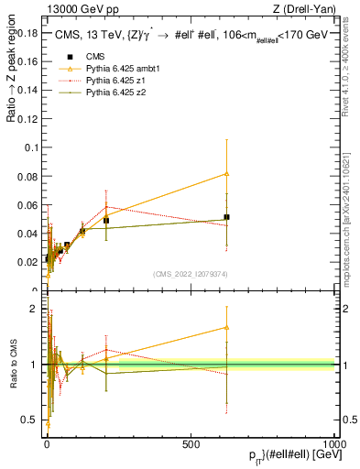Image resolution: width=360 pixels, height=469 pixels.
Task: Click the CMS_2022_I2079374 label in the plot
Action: pyautogui.click(x=190, y=274)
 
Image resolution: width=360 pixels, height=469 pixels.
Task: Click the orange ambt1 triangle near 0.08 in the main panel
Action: pyautogui.click(x=226, y=173)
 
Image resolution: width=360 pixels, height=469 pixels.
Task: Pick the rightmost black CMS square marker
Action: pyautogui.click(x=226, y=217)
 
